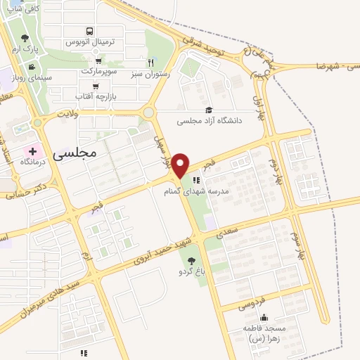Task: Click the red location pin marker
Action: click(x=181, y=165)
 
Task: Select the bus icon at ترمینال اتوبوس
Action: click(x=89, y=31)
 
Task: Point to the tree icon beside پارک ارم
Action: click(x=26, y=38)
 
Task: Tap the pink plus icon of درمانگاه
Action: click(x=32, y=151)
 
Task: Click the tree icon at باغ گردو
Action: click(x=192, y=262)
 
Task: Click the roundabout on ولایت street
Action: click(x=148, y=112)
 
